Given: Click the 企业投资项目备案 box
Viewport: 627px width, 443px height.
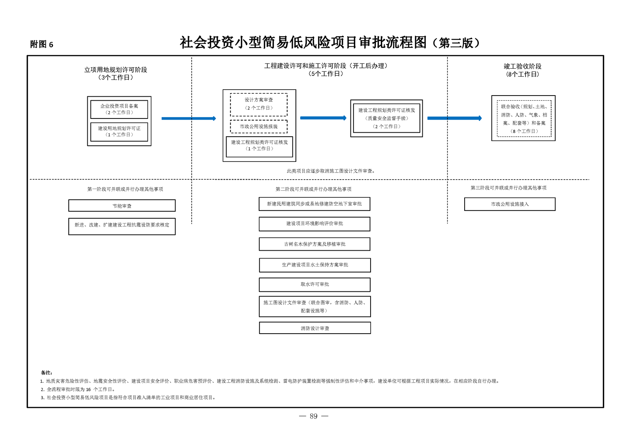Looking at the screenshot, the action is [119, 109].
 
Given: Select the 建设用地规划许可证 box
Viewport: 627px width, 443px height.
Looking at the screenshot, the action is [119, 132].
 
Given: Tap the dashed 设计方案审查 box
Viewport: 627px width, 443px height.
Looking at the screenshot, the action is [259, 105].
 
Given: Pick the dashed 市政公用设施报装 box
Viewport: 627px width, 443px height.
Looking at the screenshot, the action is [259, 126].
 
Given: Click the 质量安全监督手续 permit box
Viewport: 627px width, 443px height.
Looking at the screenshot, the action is [386, 118].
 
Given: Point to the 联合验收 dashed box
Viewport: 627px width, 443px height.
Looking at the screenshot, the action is [524, 118].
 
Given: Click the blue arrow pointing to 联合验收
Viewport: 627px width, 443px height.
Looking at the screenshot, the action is [455, 118].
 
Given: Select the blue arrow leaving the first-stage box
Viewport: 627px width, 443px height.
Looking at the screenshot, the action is [189, 118].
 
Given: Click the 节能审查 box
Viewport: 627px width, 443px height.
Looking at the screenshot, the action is [122, 206].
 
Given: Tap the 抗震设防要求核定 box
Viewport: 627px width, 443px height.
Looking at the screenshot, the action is [122, 227].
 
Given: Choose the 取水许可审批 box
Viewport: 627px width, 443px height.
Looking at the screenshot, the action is [314, 285].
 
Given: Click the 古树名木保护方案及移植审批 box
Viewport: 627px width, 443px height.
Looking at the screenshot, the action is [314, 244].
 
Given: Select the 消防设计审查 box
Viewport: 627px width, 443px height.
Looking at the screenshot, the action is [315, 328].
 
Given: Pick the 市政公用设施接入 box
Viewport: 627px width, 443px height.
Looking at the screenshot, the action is [510, 204].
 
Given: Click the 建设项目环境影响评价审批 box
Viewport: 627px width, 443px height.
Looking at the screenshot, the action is [314, 224].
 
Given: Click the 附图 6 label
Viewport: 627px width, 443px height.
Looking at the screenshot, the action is [42, 44].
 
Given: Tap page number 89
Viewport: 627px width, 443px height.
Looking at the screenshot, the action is [314, 416].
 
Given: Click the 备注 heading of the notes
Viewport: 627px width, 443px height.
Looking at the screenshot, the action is [47, 373].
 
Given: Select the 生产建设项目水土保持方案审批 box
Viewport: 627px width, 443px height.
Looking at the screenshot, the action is [315, 265].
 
